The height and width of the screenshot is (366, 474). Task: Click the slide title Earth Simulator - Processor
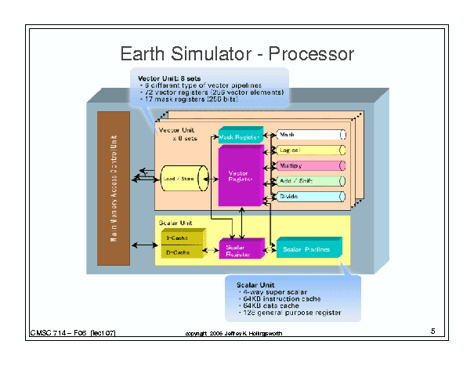click(237, 54)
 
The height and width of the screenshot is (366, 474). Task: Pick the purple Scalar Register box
click(237, 248)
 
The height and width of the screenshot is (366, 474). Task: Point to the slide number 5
click(432, 332)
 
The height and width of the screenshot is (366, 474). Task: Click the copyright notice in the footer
click(234, 335)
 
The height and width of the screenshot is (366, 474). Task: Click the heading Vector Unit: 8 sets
click(168, 78)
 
